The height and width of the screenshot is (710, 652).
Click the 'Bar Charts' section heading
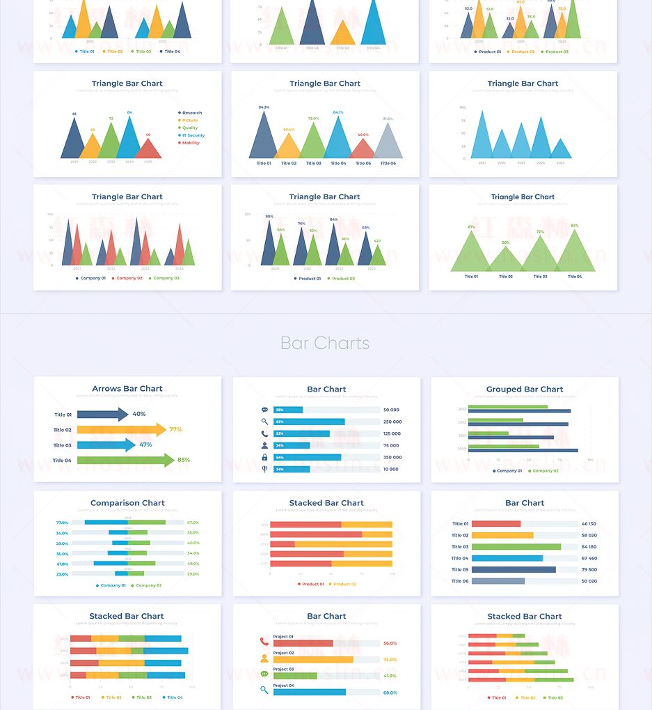click(325, 344)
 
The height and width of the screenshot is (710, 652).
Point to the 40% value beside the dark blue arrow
click(139, 414)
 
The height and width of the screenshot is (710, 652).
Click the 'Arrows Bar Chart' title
click(127, 389)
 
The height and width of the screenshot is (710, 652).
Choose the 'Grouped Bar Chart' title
click(525, 389)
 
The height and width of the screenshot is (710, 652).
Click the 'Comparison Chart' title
click(127, 503)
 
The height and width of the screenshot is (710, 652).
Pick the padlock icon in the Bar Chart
click(264, 457)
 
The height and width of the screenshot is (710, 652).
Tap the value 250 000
click(392, 422)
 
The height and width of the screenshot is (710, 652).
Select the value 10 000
click(391, 469)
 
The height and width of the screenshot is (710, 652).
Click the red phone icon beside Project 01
click(264, 642)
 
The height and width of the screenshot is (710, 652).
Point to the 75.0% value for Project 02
click(390, 659)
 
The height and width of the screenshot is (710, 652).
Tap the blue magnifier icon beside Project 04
click(264, 690)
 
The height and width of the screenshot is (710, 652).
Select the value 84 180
click(589, 547)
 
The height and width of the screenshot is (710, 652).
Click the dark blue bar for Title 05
click(514, 569)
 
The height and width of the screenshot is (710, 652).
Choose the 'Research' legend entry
click(191, 113)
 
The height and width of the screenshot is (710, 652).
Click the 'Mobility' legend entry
click(190, 143)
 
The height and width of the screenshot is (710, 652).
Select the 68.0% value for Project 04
click(390, 693)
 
